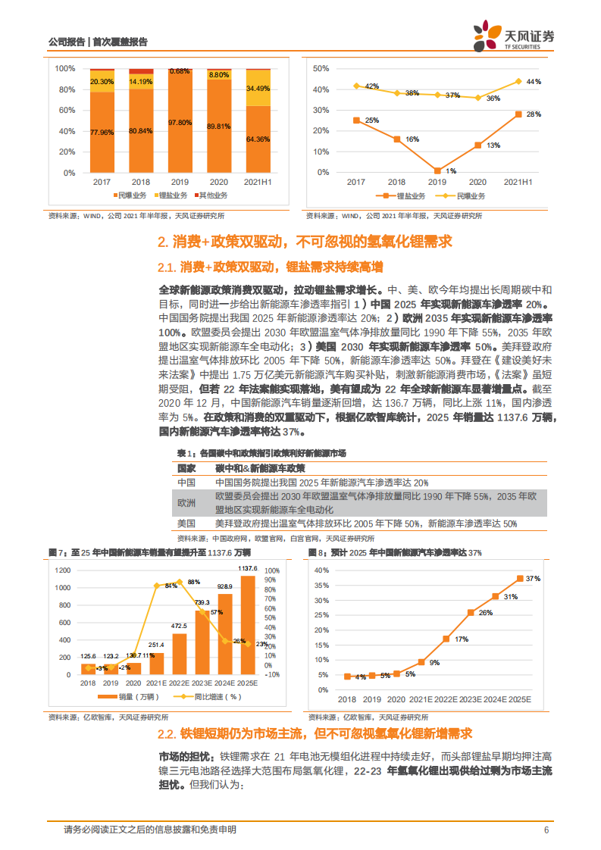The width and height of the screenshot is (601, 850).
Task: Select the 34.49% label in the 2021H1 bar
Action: [x=258, y=89]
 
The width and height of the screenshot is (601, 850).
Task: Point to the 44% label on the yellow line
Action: [x=534, y=81]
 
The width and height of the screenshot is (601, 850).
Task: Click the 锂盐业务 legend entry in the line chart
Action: [x=405, y=195]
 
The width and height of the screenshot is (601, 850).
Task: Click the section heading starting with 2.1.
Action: [x=271, y=267]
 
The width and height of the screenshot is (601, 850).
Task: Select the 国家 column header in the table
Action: [x=186, y=468]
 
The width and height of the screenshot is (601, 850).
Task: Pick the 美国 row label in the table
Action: [x=186, y=523]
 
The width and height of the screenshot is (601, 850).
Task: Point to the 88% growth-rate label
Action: [x=194, y=582]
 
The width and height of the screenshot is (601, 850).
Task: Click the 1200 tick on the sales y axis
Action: [x=62, y=570]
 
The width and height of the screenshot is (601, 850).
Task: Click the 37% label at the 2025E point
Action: [x=533, y=578]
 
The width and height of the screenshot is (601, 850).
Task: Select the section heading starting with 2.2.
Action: [x=315, y=733]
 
